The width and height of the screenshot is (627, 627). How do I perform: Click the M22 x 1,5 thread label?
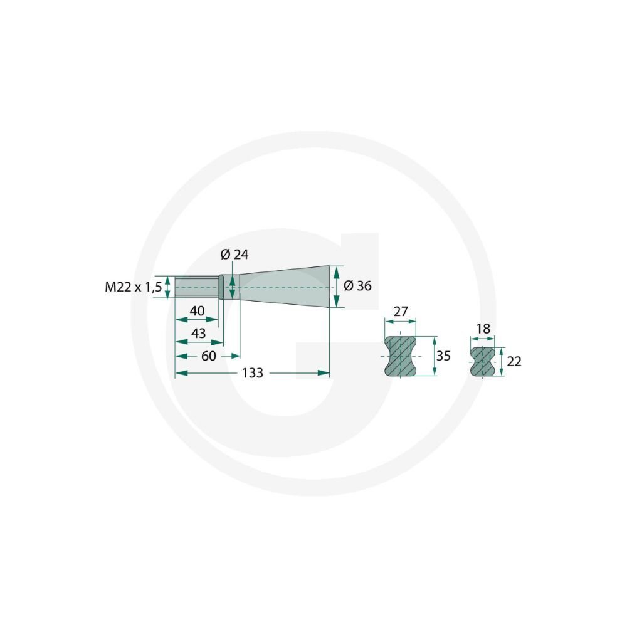coord(133,287)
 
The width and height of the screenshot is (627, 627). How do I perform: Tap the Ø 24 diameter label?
coord(234,255)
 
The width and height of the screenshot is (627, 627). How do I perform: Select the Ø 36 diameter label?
coord(357,286)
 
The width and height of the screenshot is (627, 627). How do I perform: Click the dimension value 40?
coord(197,311)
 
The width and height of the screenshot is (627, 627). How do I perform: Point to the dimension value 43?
coord(198,333)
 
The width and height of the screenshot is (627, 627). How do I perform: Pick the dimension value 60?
coord(208,356)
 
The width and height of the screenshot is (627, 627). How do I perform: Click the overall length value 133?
coord(252,373)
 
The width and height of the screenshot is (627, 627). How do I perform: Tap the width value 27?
coord(400,311)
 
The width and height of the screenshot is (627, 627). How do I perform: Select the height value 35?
coord(443,356)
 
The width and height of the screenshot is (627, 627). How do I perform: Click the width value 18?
coord(483,329)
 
